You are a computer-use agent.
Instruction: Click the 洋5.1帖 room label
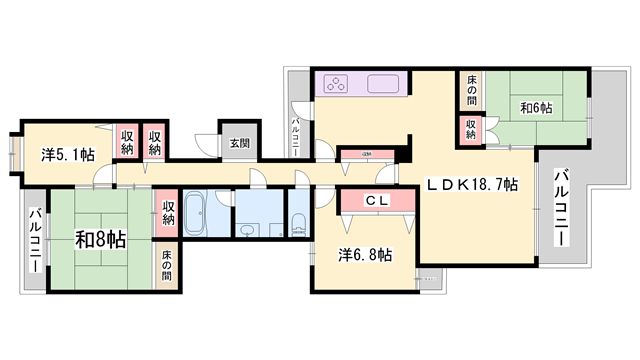coord(69,155)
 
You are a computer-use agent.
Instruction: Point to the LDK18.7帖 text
coord(473,184)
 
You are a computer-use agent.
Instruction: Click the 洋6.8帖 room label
coord(363,254)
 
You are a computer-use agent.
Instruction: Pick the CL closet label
coord(375,201)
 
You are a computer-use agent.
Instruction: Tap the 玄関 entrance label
coord(240,144)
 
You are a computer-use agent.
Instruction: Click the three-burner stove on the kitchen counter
coord(334,85)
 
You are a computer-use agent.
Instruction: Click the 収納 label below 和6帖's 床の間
coord(470,129)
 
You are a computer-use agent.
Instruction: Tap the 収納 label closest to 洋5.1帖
coord(127,143)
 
